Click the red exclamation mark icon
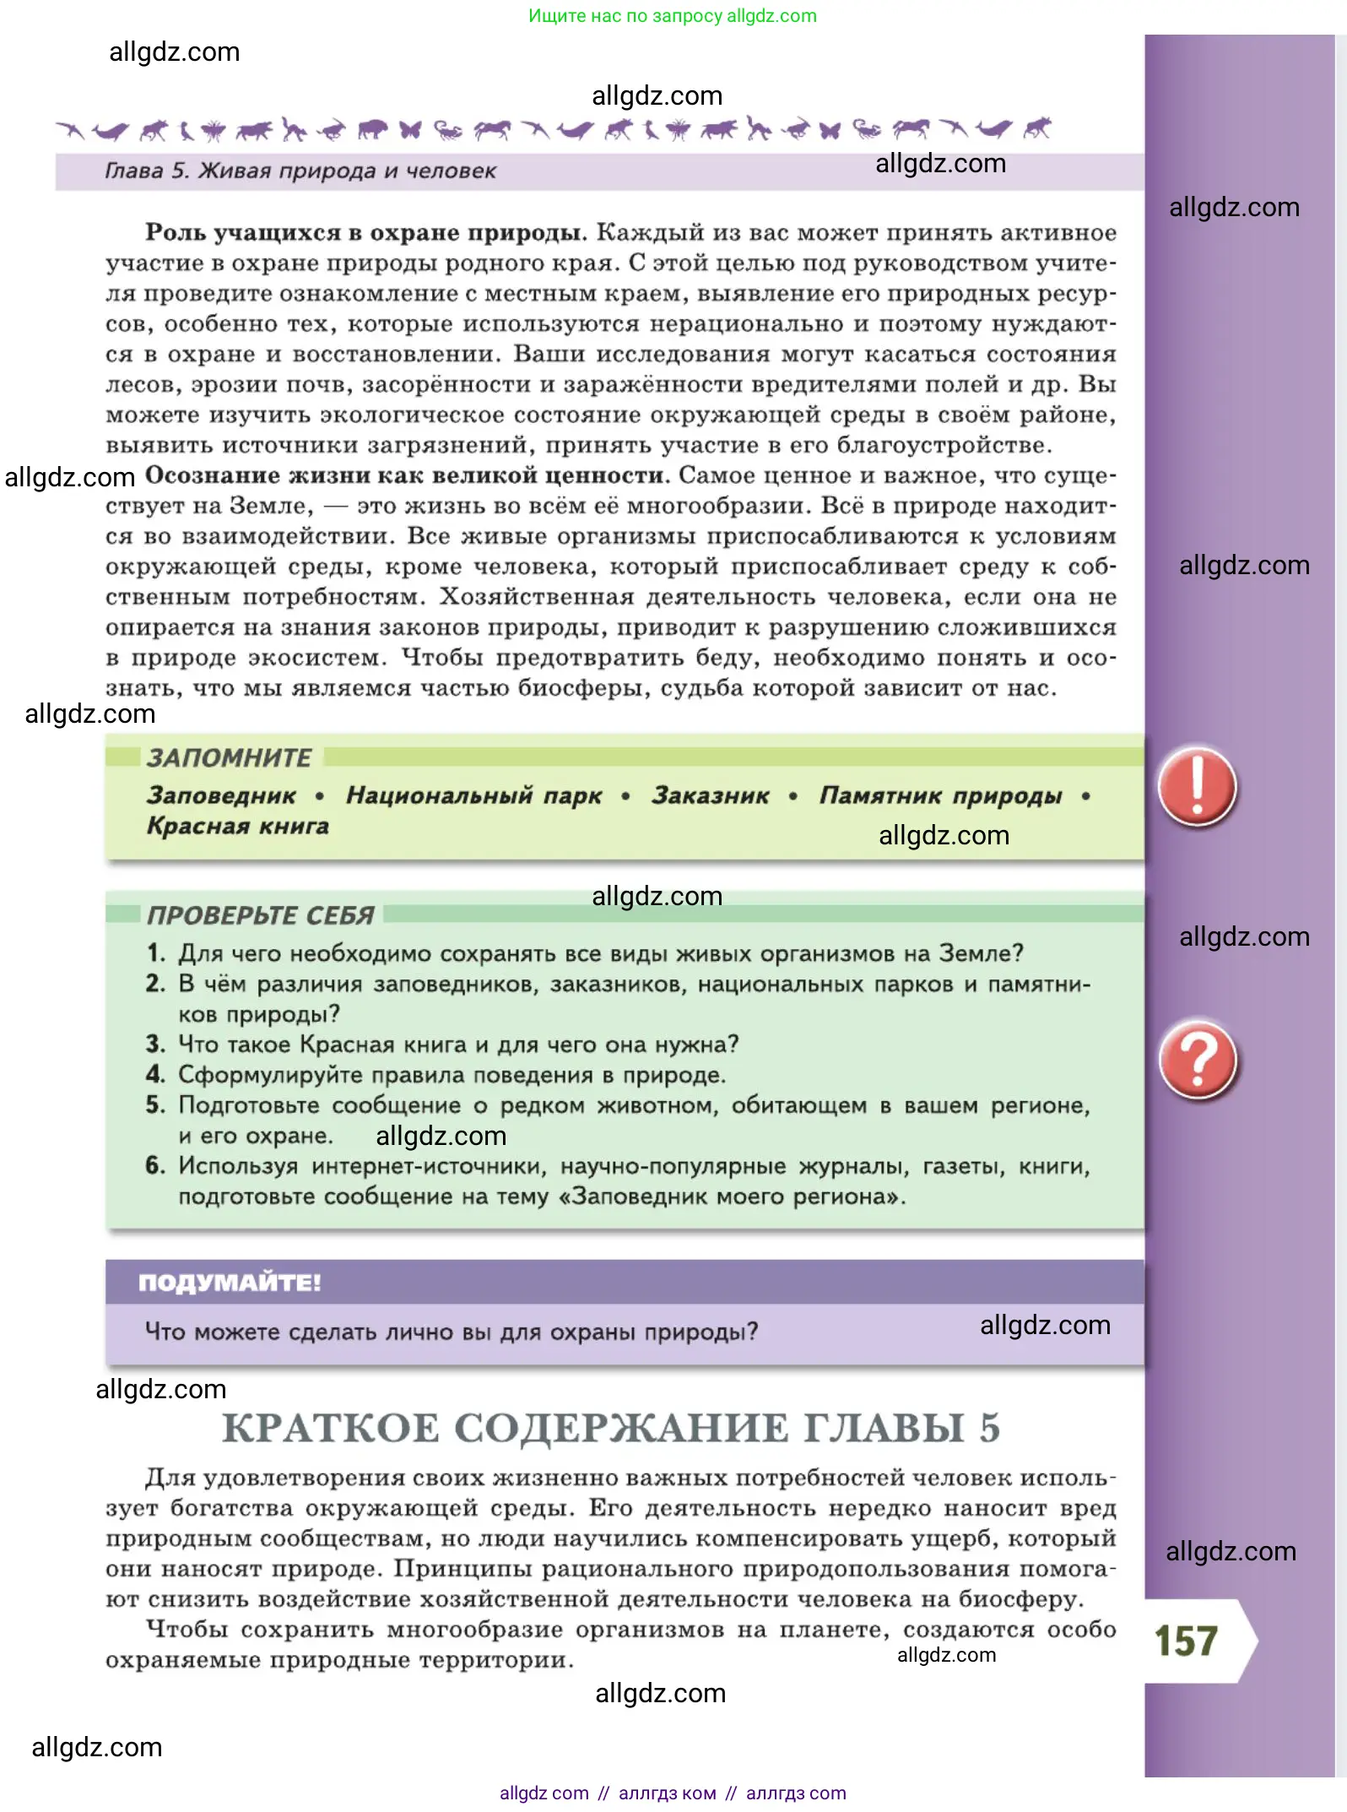point(1197,786)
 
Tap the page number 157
point(1186,1641)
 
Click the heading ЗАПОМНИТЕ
point(230,757)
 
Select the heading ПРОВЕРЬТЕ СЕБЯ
point(261,915)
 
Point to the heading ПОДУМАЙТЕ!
point(230,1283)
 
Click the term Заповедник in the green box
point(221,795)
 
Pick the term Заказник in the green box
point(710,795)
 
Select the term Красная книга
point(238,826)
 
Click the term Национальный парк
point(474,795)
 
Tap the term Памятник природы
point(940,795)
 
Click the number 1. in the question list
point(156,953)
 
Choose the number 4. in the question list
point(155,1075)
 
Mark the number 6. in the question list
point(155,1166)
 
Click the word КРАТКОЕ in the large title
point(330,1428)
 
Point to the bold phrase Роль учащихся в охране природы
point(365,232)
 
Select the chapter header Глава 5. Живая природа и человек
point(300,171)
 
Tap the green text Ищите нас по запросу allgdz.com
point(673,16)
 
